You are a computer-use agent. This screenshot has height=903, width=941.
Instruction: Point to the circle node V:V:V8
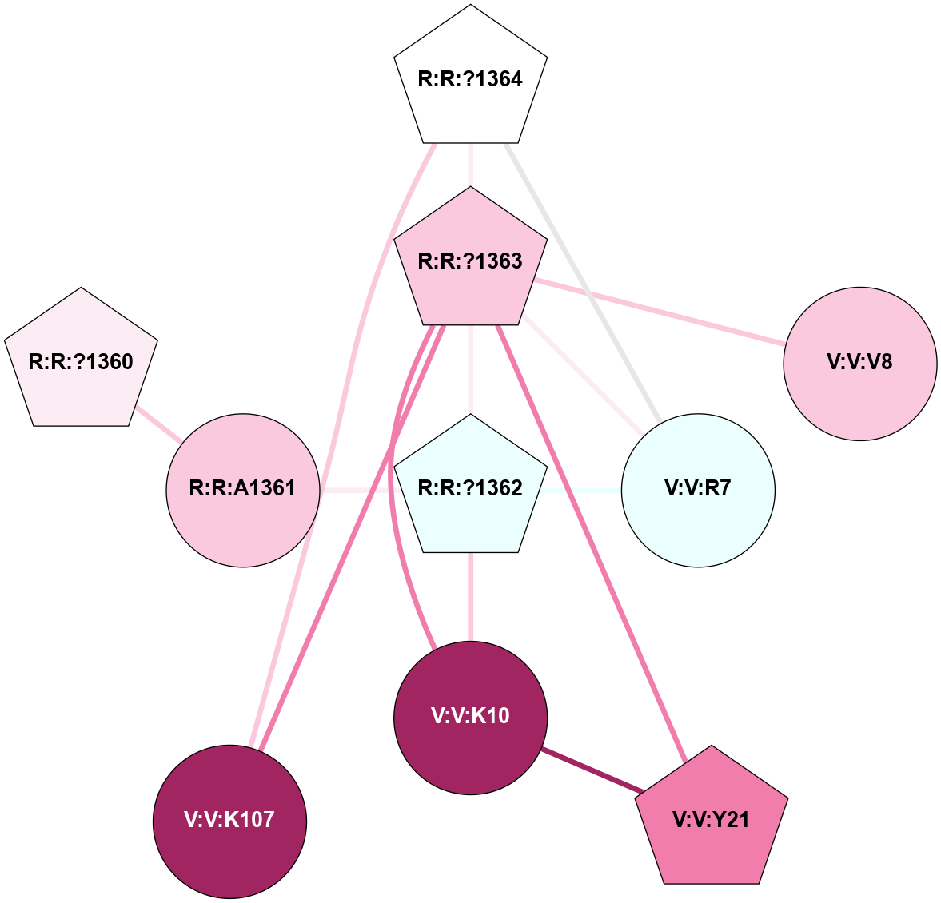(859, 363)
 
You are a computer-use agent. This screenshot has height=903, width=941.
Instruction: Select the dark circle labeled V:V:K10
(470, 716)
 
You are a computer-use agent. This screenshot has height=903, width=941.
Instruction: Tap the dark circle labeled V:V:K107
(229, 820)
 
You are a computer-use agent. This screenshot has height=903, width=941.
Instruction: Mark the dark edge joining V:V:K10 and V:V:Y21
(592, 770)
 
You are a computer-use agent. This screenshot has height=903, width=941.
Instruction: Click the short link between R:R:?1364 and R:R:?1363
(470, 165)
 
